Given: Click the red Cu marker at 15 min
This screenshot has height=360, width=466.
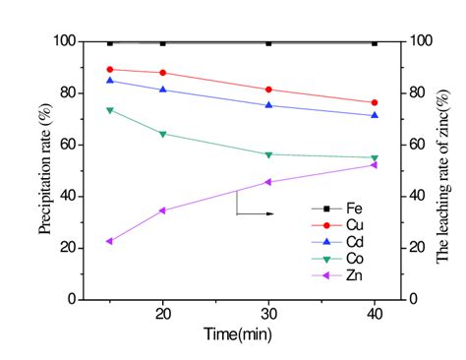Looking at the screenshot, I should pos(109,69).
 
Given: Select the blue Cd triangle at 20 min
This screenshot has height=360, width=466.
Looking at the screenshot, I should pos(162,90).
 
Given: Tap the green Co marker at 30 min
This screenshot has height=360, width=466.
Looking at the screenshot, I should pos(268,154).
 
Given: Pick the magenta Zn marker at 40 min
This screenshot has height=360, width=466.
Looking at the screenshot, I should pos(374,164).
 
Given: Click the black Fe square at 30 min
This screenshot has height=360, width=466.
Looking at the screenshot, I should pos(268,43).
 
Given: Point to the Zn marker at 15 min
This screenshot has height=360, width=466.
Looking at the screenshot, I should pos(109,241).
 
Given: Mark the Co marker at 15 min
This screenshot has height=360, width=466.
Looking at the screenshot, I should pos(109,109).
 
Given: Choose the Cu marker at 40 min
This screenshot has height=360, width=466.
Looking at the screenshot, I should pos(374,102).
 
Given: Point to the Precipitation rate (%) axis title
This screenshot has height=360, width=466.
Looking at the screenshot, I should pos(45,169).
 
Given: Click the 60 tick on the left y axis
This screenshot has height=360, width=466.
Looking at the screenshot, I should pos(67,145).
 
